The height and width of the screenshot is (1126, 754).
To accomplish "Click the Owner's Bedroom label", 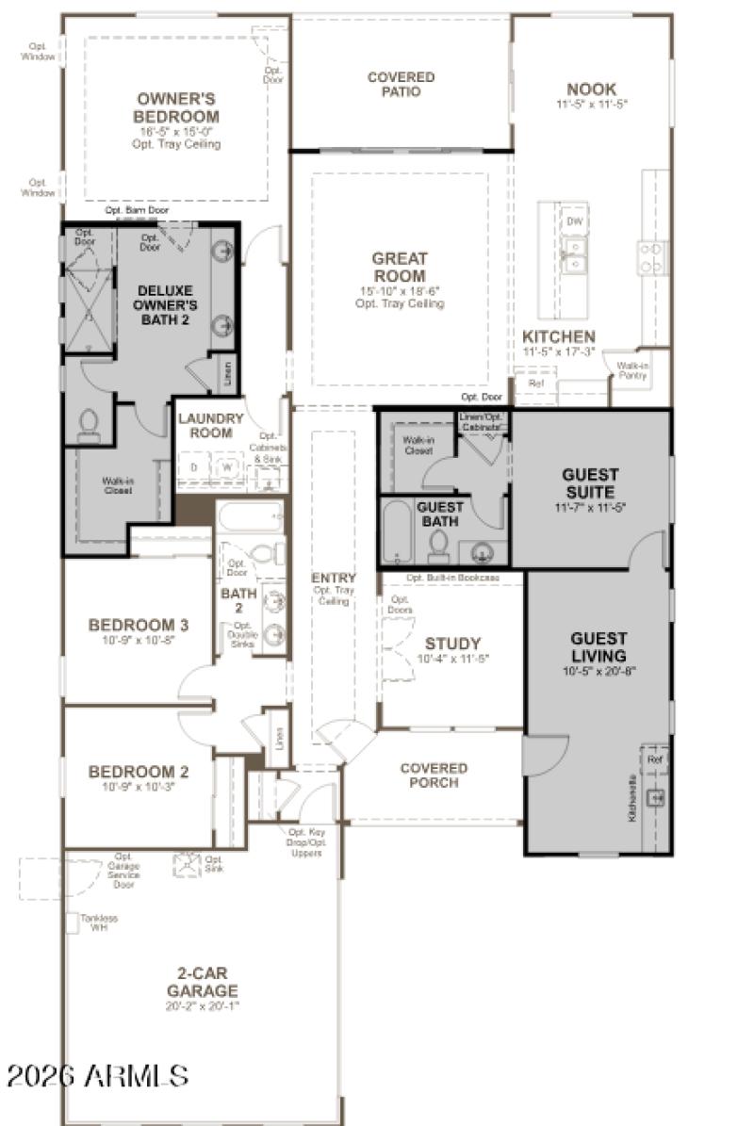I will tap(176, 106).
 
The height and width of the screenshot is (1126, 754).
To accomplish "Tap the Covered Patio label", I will tap(401, 84).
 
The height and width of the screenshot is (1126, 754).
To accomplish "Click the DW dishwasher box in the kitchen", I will tap(574, 220).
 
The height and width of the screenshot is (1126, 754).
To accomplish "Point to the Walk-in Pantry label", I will tap(632, 369).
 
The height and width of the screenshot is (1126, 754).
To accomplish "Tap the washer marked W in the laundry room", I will tap(226, 466).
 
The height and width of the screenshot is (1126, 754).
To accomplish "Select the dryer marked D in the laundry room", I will tap(194, 466).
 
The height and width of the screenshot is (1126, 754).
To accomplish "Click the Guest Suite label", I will tap(589, 483).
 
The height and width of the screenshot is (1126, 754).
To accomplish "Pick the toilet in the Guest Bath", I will tap(437, 545).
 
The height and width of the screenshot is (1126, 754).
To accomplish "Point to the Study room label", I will tap(452, 644).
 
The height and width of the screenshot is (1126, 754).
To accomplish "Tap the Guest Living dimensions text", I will tap(598, 672).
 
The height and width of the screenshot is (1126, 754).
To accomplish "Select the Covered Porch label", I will tap(434, 775).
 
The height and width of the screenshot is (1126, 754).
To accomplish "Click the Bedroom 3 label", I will tap(139, 624).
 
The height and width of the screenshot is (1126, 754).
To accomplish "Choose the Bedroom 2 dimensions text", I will tap(139, 787).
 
